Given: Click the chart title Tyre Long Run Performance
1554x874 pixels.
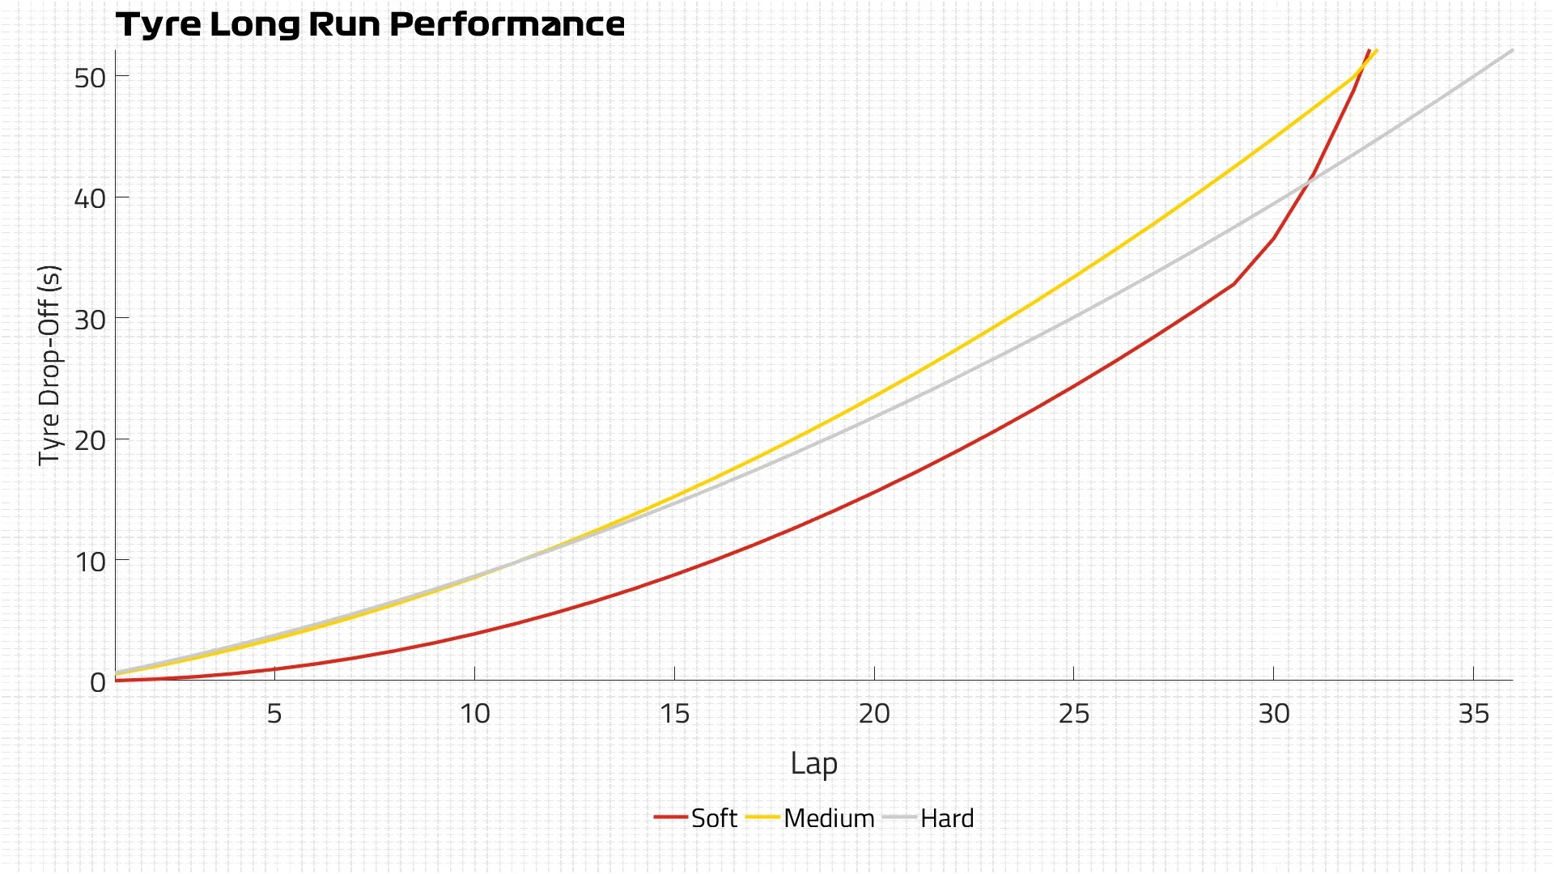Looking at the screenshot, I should (x=370, y=24).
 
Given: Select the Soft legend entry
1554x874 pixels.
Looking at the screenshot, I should (x=696, y=818).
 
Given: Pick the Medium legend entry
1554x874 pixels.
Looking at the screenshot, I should (x=811, y=818).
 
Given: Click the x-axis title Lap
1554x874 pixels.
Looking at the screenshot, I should (x=813, y=763).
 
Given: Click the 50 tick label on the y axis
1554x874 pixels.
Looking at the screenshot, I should (x=90, y=78).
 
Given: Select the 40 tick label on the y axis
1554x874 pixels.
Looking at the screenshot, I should (x=90, y=198).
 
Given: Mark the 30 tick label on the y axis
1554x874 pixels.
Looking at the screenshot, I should (x=90, y=320).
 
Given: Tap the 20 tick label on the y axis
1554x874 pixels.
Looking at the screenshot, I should (x=90, y=440).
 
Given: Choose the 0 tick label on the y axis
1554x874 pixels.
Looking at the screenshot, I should (x=98, y=682).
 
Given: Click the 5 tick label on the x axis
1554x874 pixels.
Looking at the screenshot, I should (x=274, y=713).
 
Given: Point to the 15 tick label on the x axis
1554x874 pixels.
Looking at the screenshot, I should (x=674, y=713).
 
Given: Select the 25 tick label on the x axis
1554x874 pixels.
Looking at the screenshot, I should (x=1074, y=713).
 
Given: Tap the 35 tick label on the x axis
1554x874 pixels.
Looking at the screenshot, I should (x=1474, y=713).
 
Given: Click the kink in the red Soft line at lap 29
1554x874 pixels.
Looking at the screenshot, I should (x=1233, y=284).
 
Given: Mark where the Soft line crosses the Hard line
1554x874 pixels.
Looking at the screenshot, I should (x=1306, y=183).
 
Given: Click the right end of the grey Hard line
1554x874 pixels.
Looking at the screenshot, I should (x=1512, y=50).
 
